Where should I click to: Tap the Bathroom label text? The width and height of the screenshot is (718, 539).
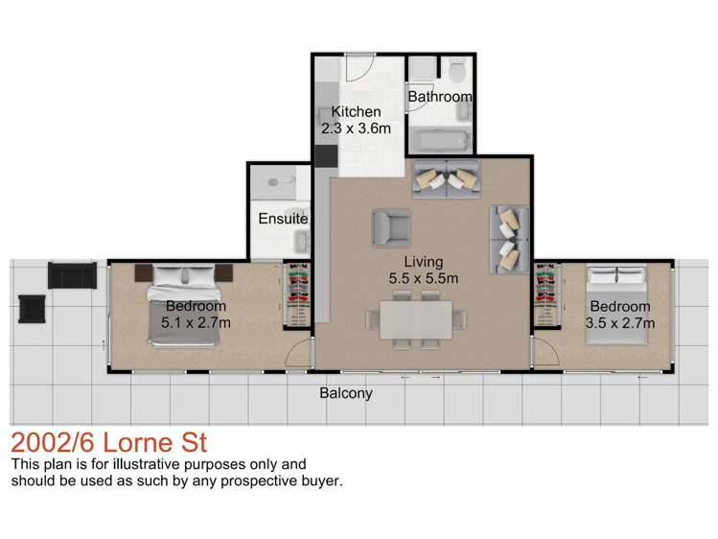pyautogui.click(x=440, y=97)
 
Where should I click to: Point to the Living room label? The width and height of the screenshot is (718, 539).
pyautogui.click(x=423, y=261)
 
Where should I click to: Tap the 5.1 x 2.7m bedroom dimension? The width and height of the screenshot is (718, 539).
pyautogui.click(x=196, y=322)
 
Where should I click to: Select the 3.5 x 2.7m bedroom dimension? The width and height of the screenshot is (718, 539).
pyautogui.click(x=620, y=323)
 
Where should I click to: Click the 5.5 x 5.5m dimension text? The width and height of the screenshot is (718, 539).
pyautogui.click(x=423, y=278)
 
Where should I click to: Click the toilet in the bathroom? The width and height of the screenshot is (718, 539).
pyautogui.click(x=457, y=69)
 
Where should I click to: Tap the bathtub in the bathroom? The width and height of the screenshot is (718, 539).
pyautogui.click(x=440, y=142)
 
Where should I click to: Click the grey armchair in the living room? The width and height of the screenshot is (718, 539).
pyautogui.click(x=390, y=226)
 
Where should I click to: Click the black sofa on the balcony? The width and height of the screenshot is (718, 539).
pyautogui.click(x=72, y=275)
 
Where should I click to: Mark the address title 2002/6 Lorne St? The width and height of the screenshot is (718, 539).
pyautogui.click(x=108, y=444)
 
